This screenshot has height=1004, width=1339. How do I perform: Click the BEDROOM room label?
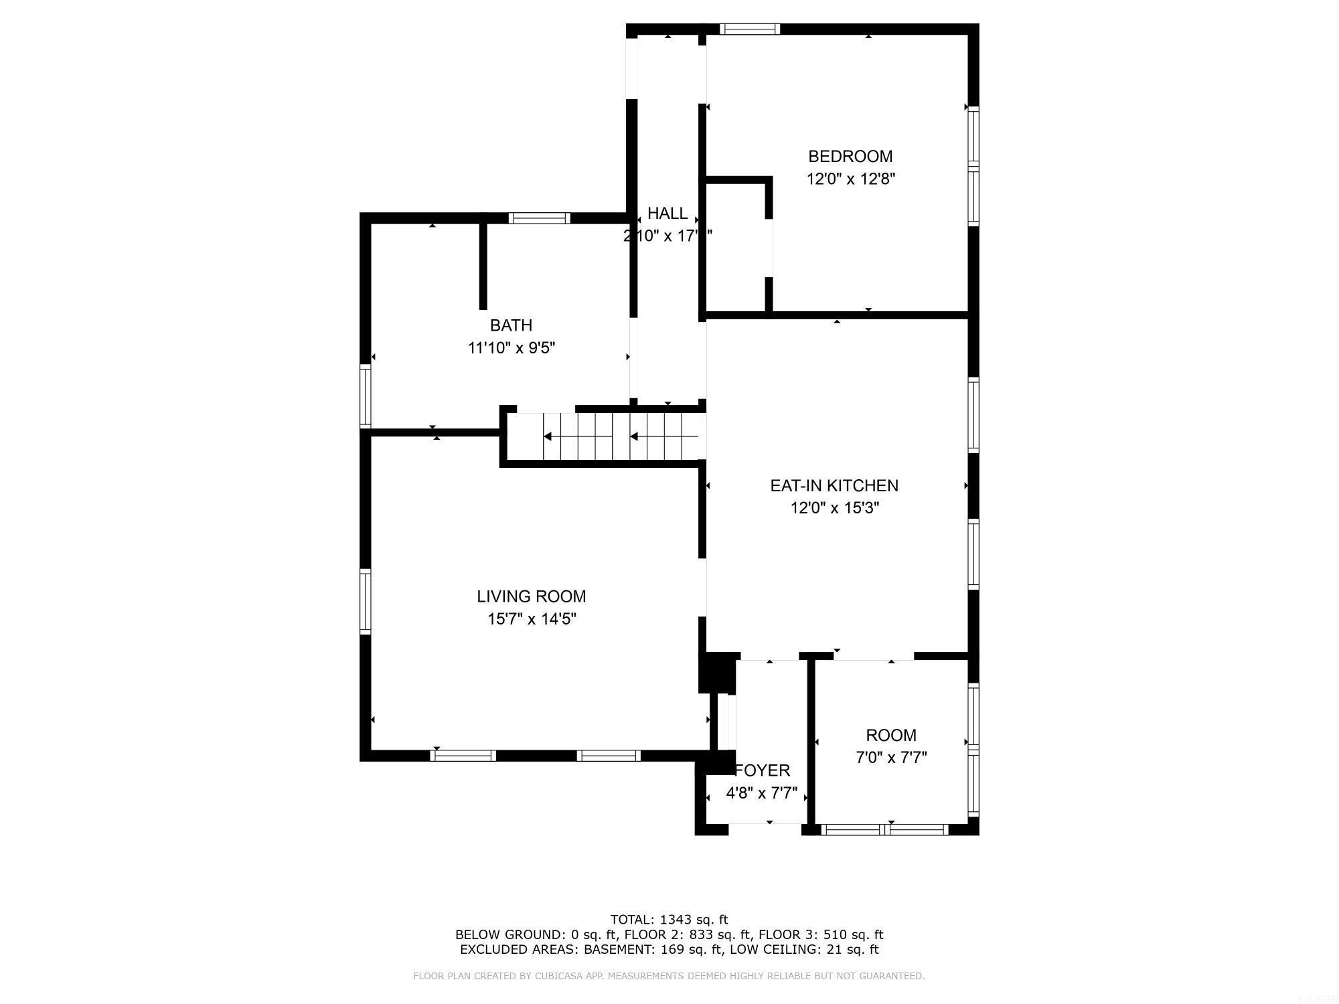[x=850, y=157]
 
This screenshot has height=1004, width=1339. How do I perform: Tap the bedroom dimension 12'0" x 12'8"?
[x=850, y=179]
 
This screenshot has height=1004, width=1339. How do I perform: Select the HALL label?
[x=667, y=214]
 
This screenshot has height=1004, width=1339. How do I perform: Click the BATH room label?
[x=511, y=325]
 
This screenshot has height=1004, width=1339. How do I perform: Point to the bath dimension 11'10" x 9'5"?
[x=511, y=348]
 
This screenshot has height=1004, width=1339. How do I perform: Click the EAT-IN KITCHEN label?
[x=834, y=486]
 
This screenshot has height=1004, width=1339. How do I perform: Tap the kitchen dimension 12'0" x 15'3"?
[x=834, y=509]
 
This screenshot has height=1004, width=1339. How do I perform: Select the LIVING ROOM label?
[x=531, y=596]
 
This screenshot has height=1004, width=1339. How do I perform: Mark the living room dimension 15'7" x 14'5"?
[x=531, y=619]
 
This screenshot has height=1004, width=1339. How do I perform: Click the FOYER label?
[x=763, y=770]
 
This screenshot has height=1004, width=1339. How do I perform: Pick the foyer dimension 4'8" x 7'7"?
[x=761, y=794]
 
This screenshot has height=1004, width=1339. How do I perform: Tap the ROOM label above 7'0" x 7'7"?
[x=890, y=736]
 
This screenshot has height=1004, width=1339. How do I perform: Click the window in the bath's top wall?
[x=539, y=218]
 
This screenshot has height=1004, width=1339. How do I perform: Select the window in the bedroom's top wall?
[x=750, y=29]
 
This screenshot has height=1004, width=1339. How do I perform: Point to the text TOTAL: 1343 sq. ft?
[x=669, y=920]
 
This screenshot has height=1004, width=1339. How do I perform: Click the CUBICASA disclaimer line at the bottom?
[x=669, y=977]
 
